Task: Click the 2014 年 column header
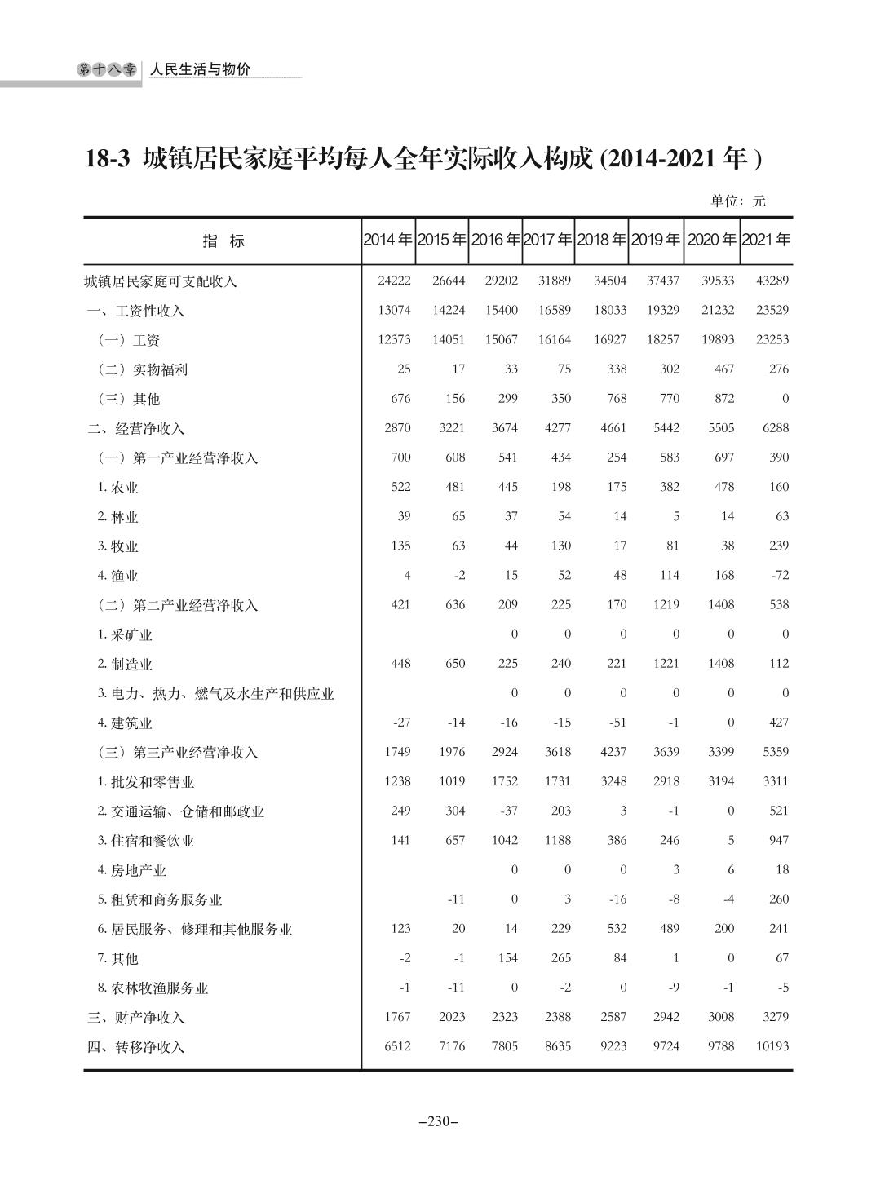pyautogui.click(x=387, y=241)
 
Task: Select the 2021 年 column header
pyautogui.click(x=766, y=241)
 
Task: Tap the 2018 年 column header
pyautogui.click(x=601, y=241)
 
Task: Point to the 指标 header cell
pyautogui.click(x=223, y=241)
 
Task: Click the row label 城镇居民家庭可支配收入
pyautogui.click(x=161, y=281)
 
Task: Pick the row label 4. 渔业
pyautogui.click(x=118, y=576)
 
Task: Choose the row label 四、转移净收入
pyautogui.click(x=136, y=1047)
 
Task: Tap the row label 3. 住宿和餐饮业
pyautogui.click(x=146, y=841)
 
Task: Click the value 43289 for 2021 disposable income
pyautogui.click(x=772, y=281)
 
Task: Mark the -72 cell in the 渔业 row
pyautogui.click(x=778, y=575)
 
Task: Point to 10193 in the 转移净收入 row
pyautogui.click(x=772, y=1045)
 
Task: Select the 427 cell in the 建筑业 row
pyautogui.click(x=778, y=722)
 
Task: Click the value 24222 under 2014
pyautogui.click(x=394, y=281)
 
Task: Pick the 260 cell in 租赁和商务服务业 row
pyautogui.click(x=778, y=899)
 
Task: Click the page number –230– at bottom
pyautogui.click(x=438, y=1121)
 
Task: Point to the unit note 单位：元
pyautogui.click(x=738, y=201)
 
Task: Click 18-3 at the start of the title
pyautogui.click(x=108, y=158)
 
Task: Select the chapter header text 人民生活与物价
pyautogui.click(x=200, y=70)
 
